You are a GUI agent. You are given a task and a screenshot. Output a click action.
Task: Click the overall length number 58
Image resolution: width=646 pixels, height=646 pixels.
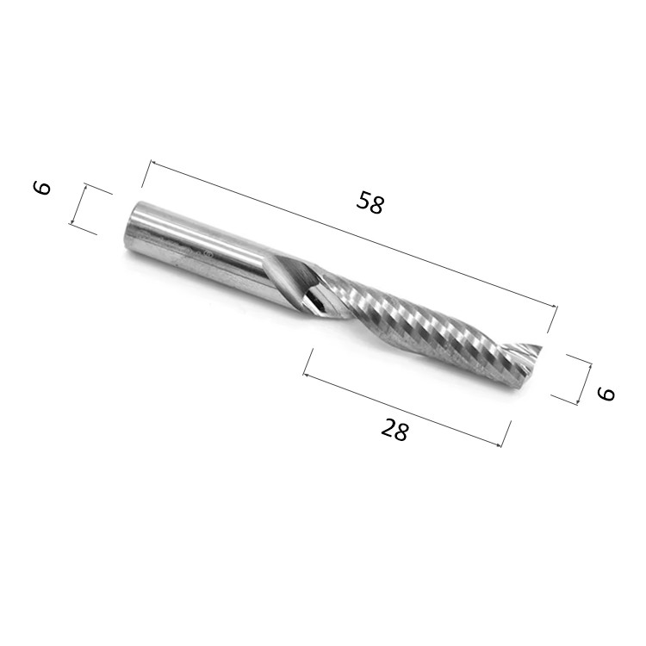[370, 202]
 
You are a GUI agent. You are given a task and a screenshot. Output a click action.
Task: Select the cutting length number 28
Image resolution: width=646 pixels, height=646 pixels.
[394, 429]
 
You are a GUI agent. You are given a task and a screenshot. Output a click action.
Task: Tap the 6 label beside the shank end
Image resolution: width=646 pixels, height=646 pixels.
[42, 188]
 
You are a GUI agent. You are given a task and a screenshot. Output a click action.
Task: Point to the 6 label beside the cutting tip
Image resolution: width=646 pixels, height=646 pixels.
[606, 394]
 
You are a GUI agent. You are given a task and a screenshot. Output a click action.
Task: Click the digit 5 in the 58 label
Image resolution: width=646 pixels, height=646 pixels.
[363, 199]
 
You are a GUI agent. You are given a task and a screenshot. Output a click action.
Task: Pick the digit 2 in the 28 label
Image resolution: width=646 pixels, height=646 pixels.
[388, 426]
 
